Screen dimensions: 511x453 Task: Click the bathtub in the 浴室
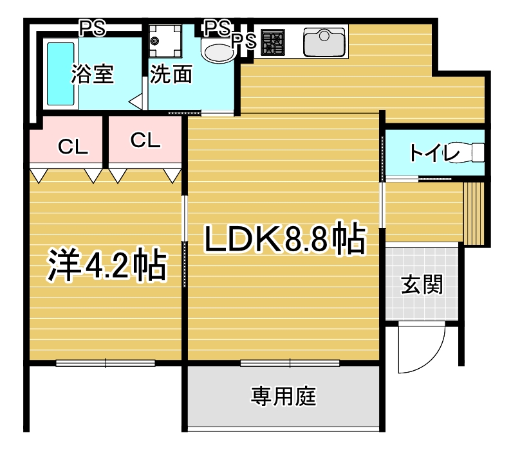(60, 74)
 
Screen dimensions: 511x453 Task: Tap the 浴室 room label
(93, 74)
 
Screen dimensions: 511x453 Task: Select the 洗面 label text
(171, 74)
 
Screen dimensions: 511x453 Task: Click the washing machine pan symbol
(165, 41)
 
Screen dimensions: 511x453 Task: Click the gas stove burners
(274, 42)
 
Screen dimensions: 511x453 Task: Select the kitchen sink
(324, 42)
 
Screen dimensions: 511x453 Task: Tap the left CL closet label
(73, 147)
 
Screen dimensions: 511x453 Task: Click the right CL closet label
(145, 140)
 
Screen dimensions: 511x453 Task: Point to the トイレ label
(434, 152)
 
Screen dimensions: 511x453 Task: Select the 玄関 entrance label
(422, 284)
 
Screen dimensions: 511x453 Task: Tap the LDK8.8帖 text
(285, 238)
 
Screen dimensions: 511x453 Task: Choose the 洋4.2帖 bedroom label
(107, 265)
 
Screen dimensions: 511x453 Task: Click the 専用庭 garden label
(283, 396)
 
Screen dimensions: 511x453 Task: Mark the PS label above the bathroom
(93, 28)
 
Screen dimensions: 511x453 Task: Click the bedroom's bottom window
(106, 363)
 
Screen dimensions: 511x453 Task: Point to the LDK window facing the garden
(290, 363)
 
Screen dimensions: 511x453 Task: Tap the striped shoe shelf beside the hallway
(474, 213)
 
